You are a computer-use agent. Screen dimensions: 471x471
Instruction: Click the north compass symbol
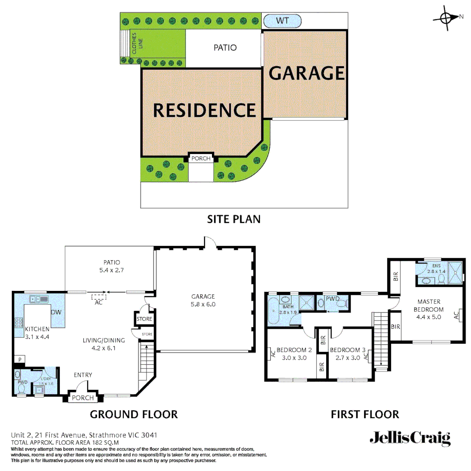(x=446, y=17)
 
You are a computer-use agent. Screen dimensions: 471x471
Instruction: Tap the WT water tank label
(x=282, y=20)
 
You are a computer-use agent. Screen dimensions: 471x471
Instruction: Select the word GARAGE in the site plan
(x=307, y=73)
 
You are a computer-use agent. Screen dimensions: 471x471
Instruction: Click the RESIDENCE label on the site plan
(x=204, y=110)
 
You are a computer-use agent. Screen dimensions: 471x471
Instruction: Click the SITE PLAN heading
(x=234, y=218)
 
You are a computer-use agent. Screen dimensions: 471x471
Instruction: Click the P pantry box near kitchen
(x=20, y=359)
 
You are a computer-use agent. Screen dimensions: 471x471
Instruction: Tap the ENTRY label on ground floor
(x=83, y=375)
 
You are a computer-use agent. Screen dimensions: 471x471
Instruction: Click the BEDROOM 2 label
(x=294, y=350)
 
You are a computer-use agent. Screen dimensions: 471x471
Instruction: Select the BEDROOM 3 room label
(x=348, y=350)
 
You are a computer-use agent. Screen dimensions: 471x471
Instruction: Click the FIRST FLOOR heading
(x=365, y=414)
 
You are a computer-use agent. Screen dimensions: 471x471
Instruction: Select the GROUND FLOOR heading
(x=133, y=414)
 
